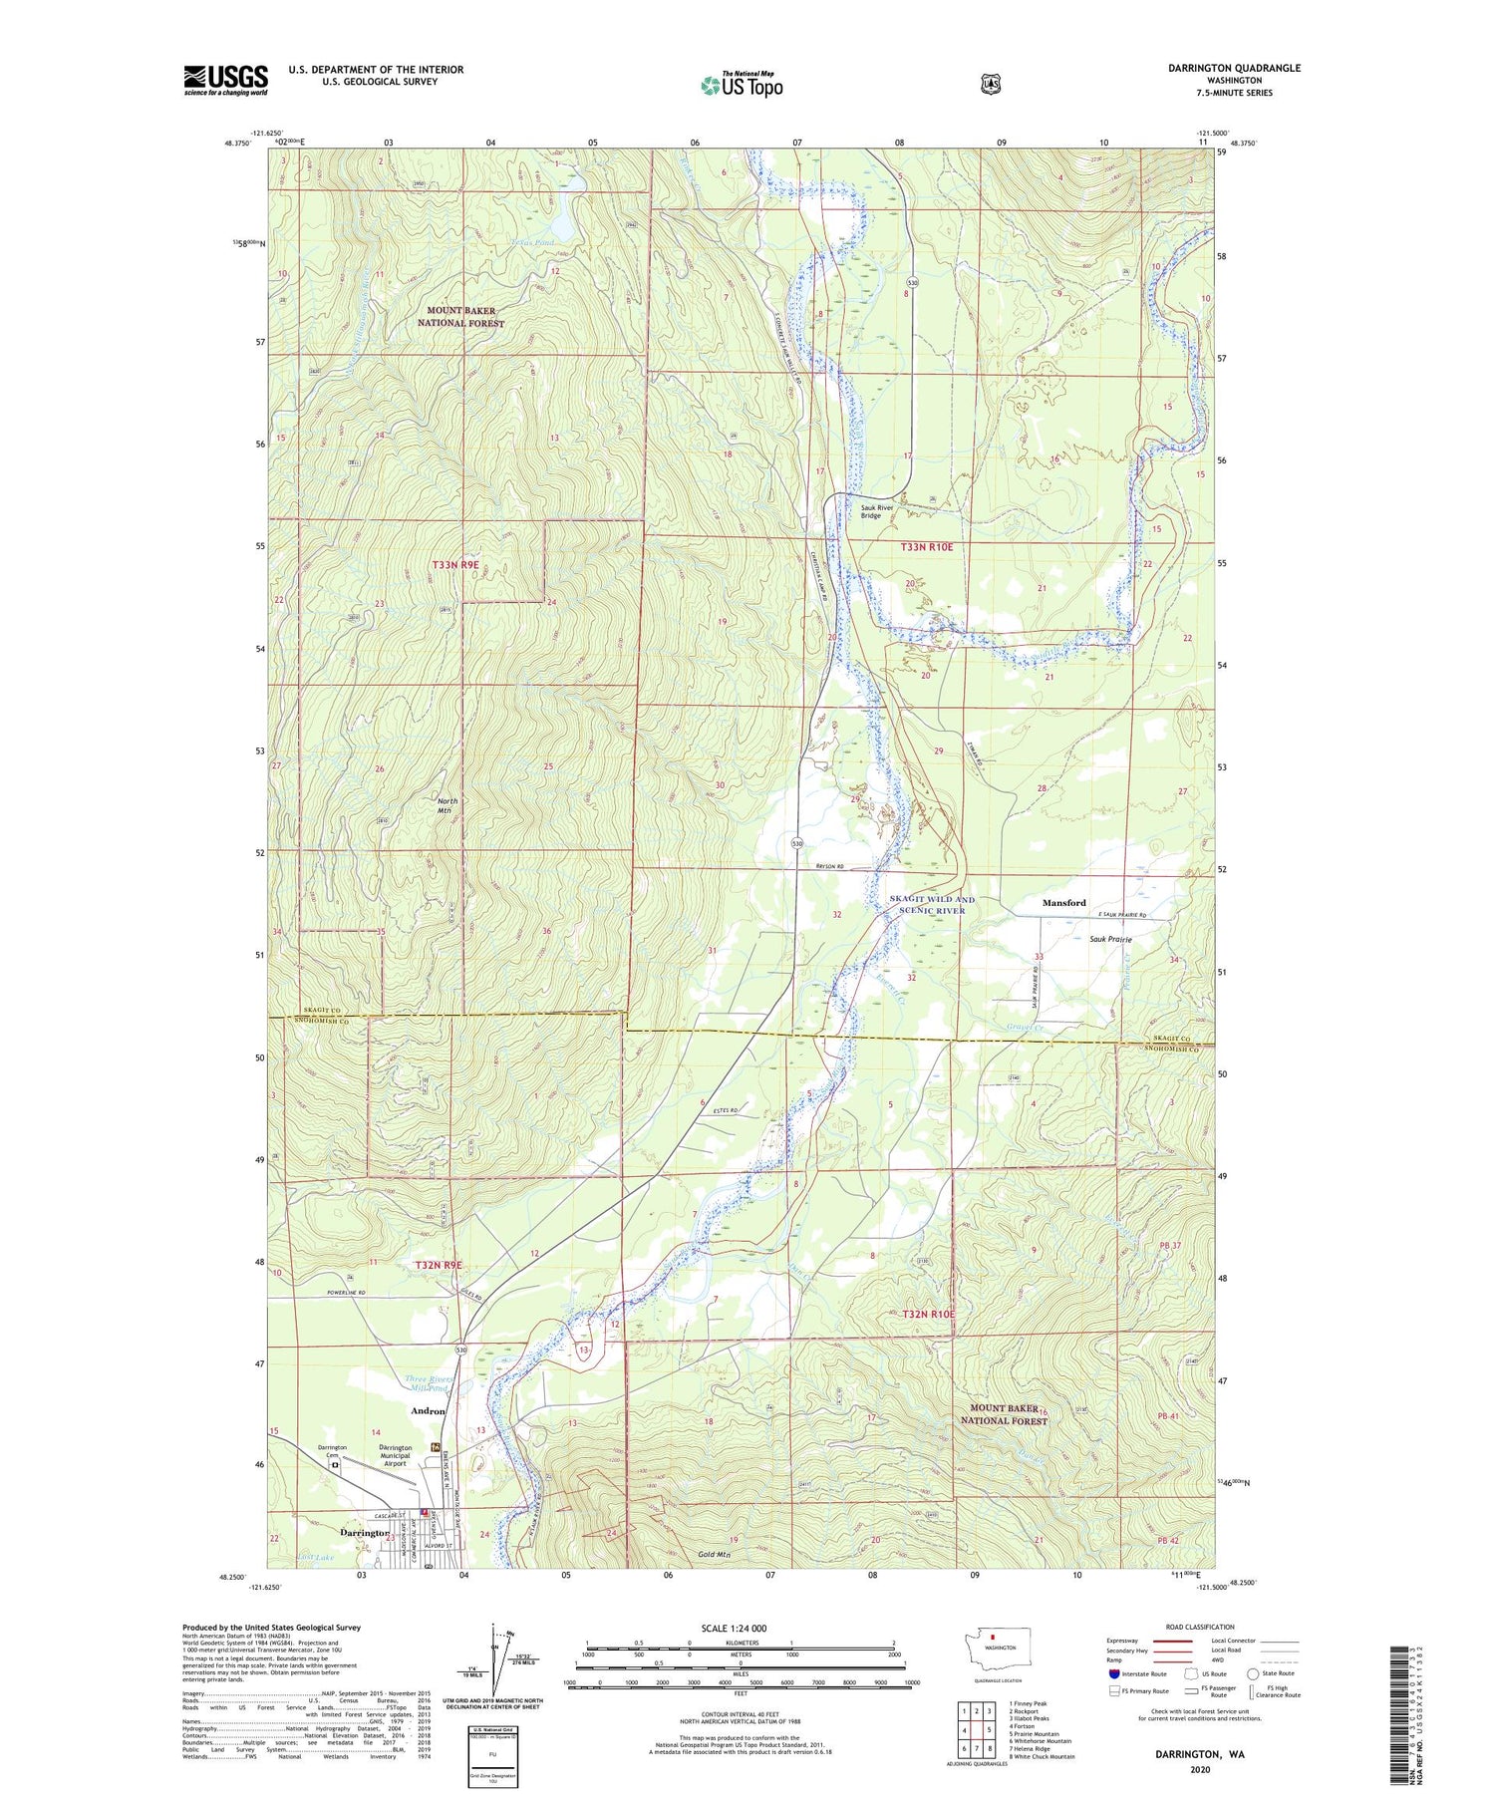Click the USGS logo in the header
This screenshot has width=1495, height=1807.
tap(225, 80)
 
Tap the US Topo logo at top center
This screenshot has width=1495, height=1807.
tap(742, 85)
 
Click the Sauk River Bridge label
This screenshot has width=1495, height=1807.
tap(884, 510)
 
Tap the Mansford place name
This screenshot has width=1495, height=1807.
tap(1063, 903)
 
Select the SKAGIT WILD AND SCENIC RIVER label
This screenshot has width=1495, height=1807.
tap(931, 905)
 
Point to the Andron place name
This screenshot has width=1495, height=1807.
tap(428, 1411)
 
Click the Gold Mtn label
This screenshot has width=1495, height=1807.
tap(714, 1555)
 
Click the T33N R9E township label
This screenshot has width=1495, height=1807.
tap(456, 565)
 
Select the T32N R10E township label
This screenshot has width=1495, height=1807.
tap(928, 1315)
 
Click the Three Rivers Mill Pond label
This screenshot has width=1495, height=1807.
tap(431, 1383)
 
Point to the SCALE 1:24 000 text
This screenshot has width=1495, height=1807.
tap(734, 1628)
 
